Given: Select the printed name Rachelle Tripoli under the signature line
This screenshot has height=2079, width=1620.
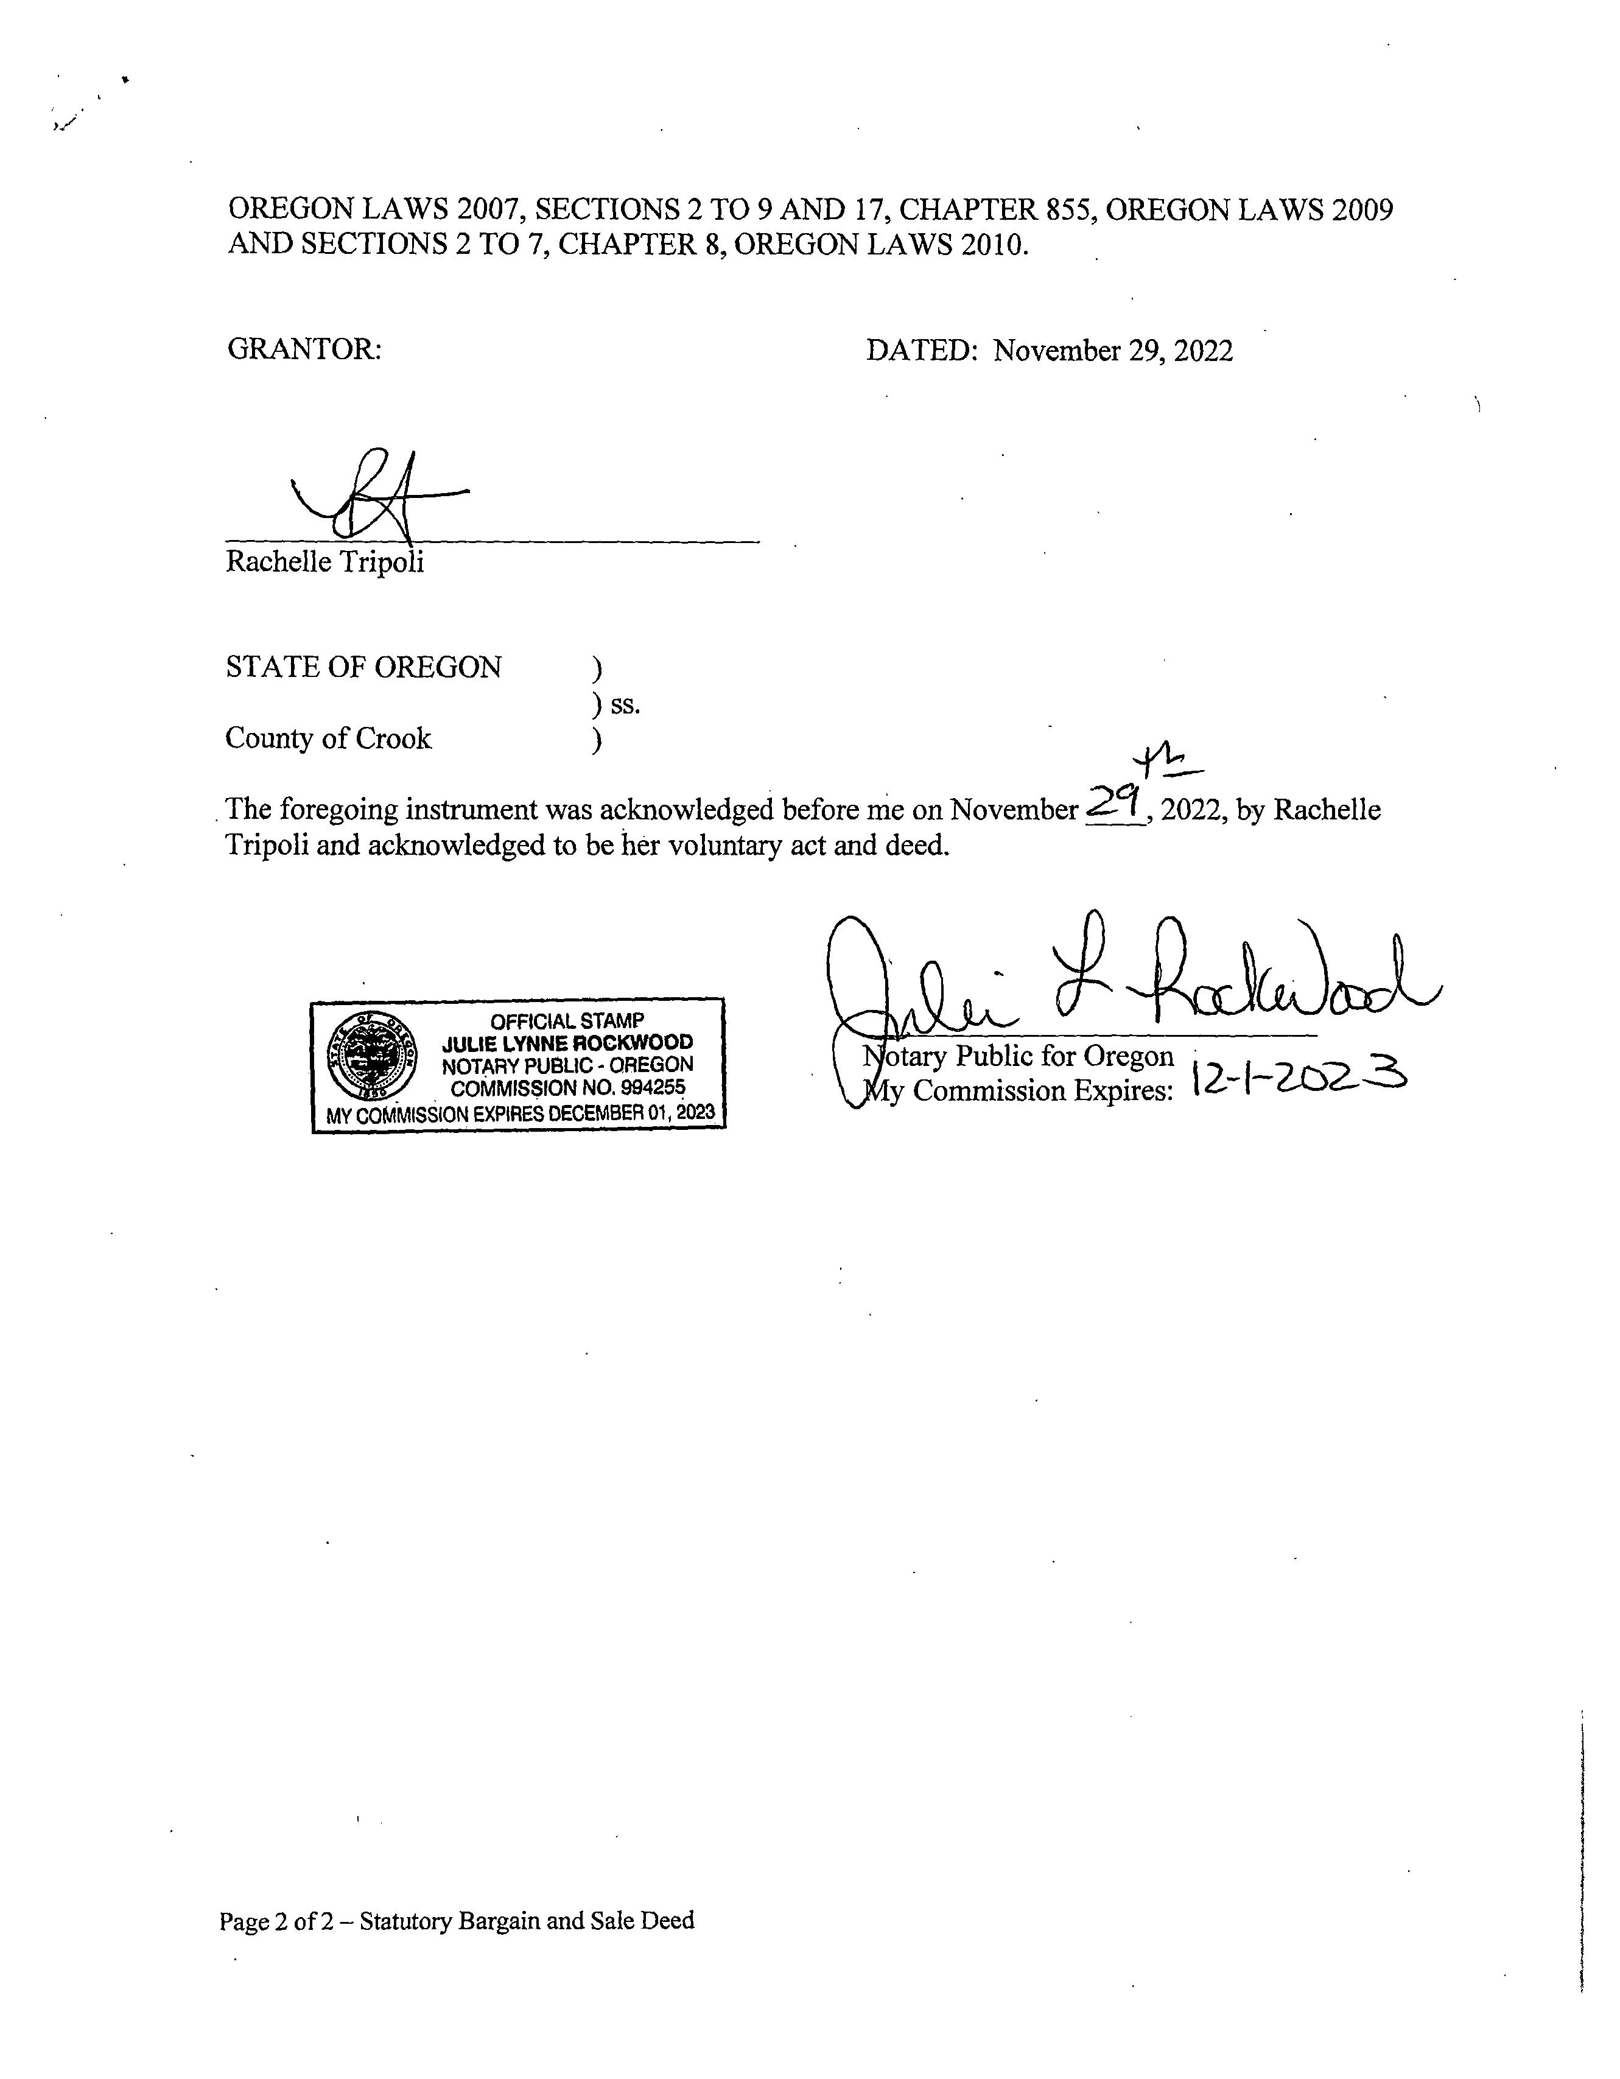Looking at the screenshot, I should (x=324, y=562).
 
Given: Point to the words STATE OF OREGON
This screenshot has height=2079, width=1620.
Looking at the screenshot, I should (x=363, y=667).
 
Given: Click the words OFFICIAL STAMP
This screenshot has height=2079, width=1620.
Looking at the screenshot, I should (x=567, y=1020).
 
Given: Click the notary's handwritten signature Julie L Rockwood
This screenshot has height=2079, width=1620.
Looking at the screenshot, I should (x=1123, y=981).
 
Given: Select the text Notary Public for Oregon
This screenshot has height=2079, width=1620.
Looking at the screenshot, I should (x=1019, y=1057).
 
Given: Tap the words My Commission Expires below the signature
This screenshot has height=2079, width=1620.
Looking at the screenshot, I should (x=1017, y=1091).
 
